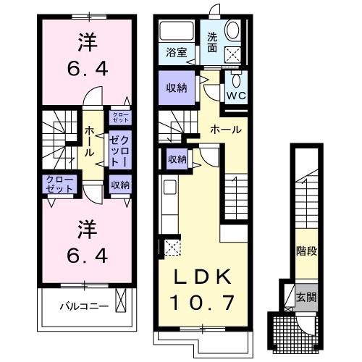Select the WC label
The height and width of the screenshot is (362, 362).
coord(237,94)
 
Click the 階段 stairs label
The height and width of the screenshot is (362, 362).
coord(307,251)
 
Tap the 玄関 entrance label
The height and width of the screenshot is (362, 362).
coord(307,296)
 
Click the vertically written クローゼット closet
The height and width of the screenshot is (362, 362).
coord(119,152)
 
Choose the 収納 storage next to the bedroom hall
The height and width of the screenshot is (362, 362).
coord(119,185)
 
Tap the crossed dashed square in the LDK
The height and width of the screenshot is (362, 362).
coord(172,247)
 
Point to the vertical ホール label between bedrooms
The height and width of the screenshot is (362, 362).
coord(88,142)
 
